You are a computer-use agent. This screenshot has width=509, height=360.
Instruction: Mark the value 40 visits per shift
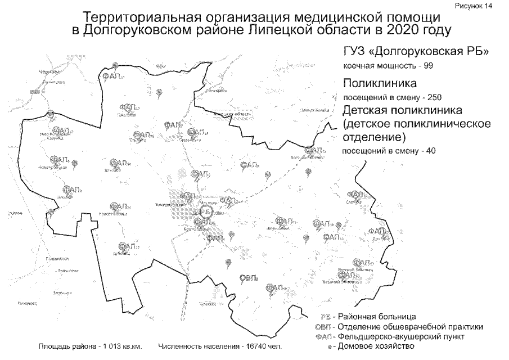[x=430, y=151]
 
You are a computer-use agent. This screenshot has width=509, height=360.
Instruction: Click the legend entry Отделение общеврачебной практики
[x=410, y=327]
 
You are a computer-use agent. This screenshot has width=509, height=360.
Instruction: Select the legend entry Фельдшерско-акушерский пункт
[x=400, y=336]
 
